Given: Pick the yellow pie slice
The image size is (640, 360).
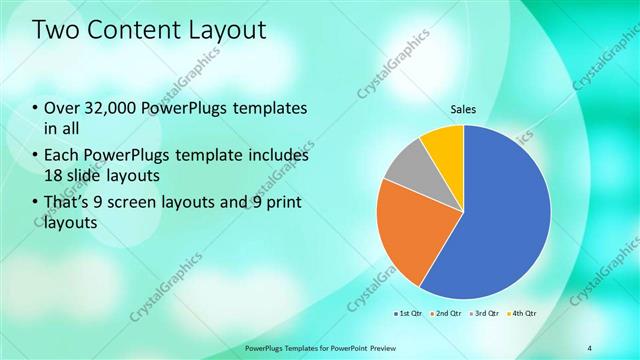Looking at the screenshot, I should [x=444, y=143].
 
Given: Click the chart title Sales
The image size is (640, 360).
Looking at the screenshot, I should [x=462, y=109].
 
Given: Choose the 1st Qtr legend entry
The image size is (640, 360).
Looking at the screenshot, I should [x=408, y=313].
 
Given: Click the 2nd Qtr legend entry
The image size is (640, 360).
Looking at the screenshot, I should [x=445, y=313].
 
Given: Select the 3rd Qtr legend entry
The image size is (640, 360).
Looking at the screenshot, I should [x=484, y=313].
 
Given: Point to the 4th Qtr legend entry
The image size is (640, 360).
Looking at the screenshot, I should [x=522, y=313].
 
